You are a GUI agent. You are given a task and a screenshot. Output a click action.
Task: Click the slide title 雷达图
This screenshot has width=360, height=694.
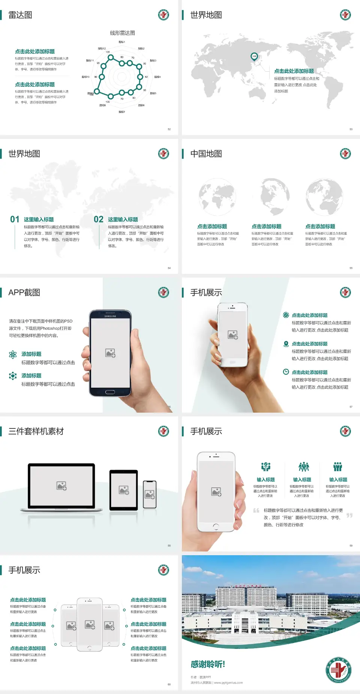click(x=20, y=15)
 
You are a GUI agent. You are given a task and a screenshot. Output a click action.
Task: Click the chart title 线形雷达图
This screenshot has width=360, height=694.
click(x=122, y=33)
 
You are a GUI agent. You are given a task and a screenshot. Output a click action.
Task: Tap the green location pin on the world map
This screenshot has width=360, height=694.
click(x=254, y=57)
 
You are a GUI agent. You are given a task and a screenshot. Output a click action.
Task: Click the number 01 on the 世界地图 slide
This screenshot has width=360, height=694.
click(x=15, y=219)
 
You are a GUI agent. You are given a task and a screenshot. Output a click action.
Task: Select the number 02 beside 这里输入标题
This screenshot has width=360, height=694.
click(x=99, y=219)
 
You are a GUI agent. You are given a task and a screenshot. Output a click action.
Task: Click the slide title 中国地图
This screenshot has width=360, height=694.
click(x=206, y=154)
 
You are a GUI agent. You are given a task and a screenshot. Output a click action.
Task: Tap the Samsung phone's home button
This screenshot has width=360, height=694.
click(x=110, y=392)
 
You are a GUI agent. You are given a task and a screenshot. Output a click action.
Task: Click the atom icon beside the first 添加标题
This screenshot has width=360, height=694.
click(x=13, y=355)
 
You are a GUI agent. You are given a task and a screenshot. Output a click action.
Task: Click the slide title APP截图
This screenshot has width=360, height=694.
click(x=24, y=293)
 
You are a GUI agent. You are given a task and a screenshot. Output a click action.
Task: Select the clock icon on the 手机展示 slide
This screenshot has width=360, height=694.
click(x=286, y=372)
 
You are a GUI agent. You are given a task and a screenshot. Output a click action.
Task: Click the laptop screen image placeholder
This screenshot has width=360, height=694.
click(x=61, y=486)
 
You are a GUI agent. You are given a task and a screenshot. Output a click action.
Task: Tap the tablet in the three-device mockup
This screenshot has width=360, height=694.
click(x=123, y=490)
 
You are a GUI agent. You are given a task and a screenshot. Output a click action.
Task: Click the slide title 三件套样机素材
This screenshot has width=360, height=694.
click(x=36, y=431)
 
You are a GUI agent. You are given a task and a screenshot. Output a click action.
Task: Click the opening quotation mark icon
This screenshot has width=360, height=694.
click(x=256, y=511)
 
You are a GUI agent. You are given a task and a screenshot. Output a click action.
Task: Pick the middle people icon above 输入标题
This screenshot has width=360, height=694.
click(x=303, y=467)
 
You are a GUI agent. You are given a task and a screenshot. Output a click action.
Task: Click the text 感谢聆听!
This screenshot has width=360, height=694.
click(x=208, y=664)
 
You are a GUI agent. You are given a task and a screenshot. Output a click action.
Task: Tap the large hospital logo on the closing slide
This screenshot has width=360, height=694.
click(x=338, y=670)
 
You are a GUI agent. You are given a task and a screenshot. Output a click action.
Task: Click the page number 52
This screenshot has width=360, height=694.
click(x=169, y=129)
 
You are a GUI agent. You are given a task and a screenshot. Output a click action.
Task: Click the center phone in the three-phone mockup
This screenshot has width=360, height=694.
click(x=90, y=624)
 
